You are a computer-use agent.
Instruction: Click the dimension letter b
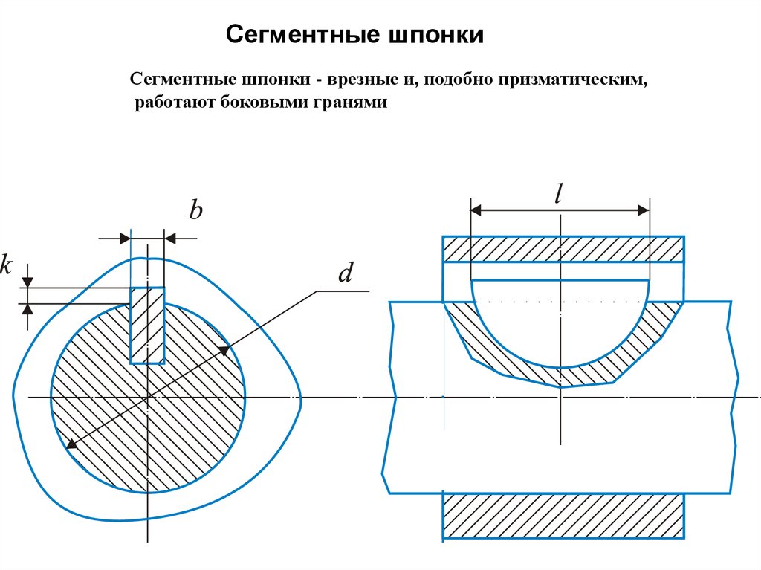click(x=195, y=212)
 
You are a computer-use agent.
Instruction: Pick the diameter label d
click(x=345, y=274)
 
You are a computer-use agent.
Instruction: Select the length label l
click(x=559, y=194)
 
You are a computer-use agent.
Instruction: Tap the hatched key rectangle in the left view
click(x=147, y=326)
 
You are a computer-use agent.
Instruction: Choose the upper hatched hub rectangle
click(x=563, y=249)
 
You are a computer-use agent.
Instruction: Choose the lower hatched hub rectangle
click(x=563, y=514)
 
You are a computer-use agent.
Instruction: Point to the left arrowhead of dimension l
click(x=475, y=211)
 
